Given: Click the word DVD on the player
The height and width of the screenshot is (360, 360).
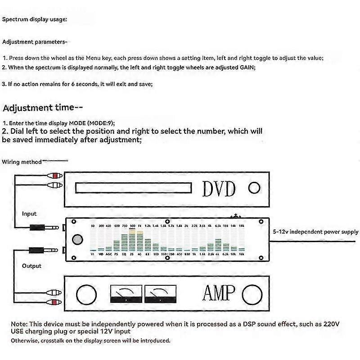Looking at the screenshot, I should click(x=219, y=189).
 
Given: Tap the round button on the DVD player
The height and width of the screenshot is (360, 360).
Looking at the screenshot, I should click(x=255, y=188).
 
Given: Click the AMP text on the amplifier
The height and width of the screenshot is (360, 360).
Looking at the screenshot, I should click(x=219, y=293).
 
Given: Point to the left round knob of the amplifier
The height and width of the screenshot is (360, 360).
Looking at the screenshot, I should click(x=86, y=295).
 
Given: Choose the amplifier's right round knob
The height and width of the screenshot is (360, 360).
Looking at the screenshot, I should click(x=252, y=295).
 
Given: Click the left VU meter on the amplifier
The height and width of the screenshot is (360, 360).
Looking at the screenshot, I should click(x=126, y=294).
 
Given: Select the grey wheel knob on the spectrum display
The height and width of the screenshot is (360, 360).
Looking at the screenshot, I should click(x=77, y=239).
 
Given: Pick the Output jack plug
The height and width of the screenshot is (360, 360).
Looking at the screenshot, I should click(x=43, y=250).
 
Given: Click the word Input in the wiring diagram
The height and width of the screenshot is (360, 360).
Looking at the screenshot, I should click(x=29, y=214).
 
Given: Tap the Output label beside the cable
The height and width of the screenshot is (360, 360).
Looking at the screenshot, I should click(x=31, y=266).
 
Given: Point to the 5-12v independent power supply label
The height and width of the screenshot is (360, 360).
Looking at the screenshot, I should click(x=315, y=232).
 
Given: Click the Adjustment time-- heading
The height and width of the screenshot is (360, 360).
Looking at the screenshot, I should click(x=43, y=108).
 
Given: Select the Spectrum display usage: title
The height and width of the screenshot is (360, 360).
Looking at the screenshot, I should click(x=35, y=20).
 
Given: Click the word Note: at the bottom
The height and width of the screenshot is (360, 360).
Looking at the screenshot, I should click(x=19, y=324).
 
